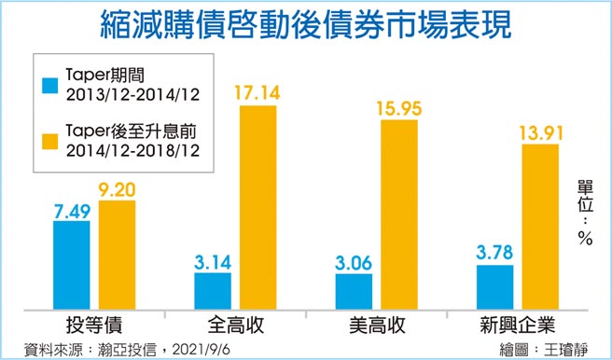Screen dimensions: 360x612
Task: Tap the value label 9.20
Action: click(x=118, y=190)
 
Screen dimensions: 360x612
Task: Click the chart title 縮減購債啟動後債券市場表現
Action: click(x=306, y=23)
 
